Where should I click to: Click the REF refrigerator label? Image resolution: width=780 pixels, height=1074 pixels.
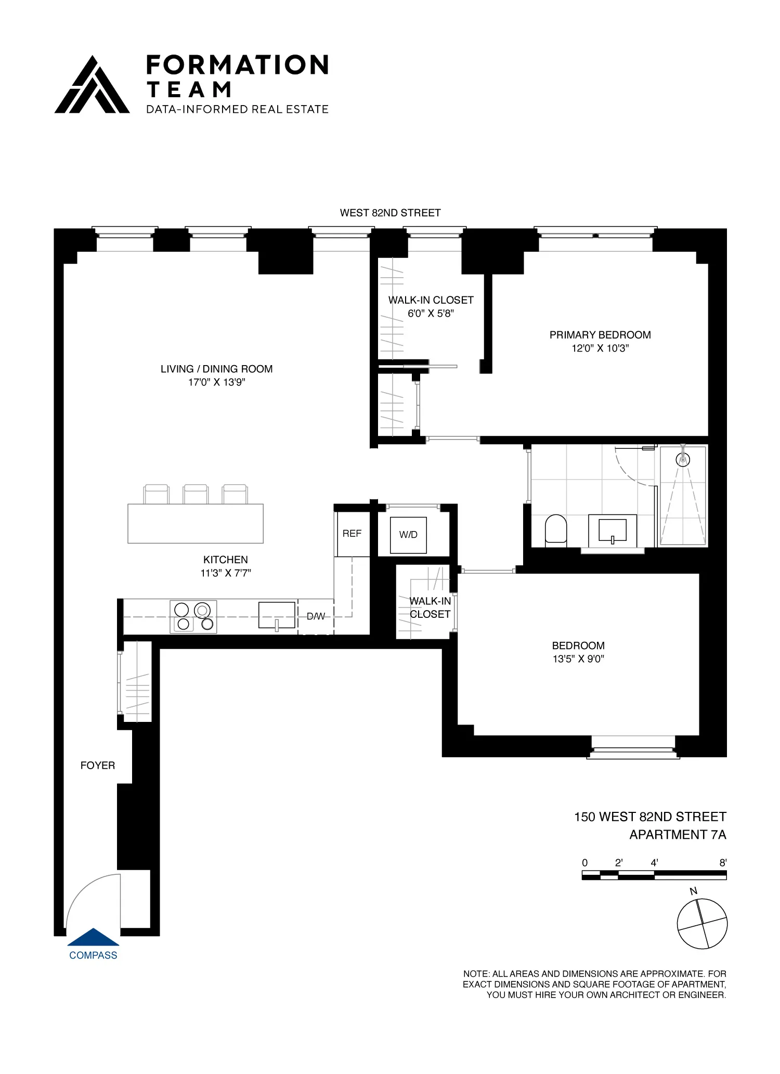tap(352, 534)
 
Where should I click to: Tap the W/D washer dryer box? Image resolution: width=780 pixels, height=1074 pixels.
tap(408, 535)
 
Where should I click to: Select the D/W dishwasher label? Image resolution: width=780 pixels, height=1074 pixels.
tap(316, 616)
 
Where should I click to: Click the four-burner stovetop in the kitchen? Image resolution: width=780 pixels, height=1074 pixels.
tap(193, 617)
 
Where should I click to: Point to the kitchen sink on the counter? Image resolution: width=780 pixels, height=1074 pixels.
tap(277, 615)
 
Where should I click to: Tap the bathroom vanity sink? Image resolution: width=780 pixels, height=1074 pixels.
tap(613, 530)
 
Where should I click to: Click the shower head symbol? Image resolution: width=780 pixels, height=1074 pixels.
tap(682, 459)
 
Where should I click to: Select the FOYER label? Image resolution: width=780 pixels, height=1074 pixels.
tap(97, 766)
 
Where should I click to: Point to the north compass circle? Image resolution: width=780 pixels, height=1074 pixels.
tap(702, 925)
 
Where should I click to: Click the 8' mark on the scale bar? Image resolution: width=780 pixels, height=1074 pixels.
tap(722, 863)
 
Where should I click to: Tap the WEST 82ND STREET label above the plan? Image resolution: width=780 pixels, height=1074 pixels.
tap(390, 213)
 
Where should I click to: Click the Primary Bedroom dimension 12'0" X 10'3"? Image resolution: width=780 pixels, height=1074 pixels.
tap(600, 348)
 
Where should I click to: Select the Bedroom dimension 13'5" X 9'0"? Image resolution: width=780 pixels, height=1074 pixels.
tap(578, 659)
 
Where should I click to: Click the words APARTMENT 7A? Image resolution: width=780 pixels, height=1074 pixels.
tap(678, 835)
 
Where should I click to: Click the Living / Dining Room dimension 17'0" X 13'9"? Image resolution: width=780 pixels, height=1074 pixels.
tap(216, 382)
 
